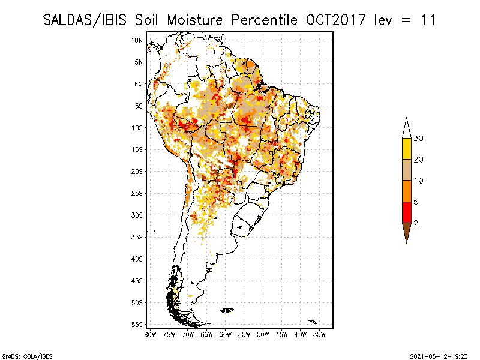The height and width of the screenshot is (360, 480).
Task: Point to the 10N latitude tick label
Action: coord(137,40)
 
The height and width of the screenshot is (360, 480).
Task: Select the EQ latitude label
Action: coord(139,84)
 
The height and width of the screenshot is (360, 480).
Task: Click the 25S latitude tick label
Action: coord(137,193)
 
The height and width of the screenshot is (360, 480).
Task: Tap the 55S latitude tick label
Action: coord(137,324)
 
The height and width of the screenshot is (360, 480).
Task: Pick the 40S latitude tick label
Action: coord(137,259)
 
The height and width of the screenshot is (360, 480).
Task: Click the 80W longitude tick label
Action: coord(150,334)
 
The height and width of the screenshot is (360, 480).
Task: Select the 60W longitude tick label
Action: coord(226,334)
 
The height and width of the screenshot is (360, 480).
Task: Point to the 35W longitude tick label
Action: coord(320,334)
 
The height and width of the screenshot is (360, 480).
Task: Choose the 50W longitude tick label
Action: coord(263,334)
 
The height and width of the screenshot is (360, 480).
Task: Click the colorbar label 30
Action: coord(419,139)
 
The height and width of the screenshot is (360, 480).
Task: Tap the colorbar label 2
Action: coord(416,223)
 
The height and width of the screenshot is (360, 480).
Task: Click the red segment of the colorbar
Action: coord(406,212)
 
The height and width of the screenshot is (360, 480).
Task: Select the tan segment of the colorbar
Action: coord(406,170)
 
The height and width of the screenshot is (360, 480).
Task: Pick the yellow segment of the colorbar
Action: coord(406,149)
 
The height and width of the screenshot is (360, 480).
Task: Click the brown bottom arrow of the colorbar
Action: coord(406,232)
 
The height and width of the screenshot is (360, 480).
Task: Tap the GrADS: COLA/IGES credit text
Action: coord(18,355)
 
